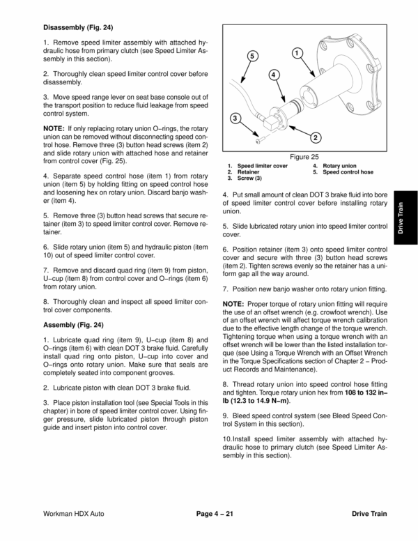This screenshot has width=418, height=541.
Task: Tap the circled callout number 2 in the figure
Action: pyautogui.click(x=315, y=137)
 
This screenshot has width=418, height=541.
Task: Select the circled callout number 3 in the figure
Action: pyautogui.click(x=236, y=119)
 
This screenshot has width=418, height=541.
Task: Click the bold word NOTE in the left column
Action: pyautogui.click(x=53, y=128)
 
